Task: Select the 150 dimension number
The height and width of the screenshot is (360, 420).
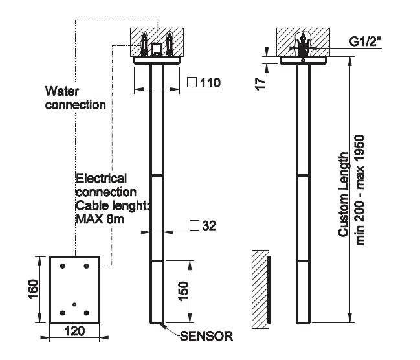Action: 184,291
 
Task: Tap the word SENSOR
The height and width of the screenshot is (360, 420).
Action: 205,336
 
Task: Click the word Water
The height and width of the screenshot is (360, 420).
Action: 61,91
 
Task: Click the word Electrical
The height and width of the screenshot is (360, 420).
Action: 102,178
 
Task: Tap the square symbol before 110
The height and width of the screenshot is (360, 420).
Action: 192,82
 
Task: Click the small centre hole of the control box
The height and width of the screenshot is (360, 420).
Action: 74,304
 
